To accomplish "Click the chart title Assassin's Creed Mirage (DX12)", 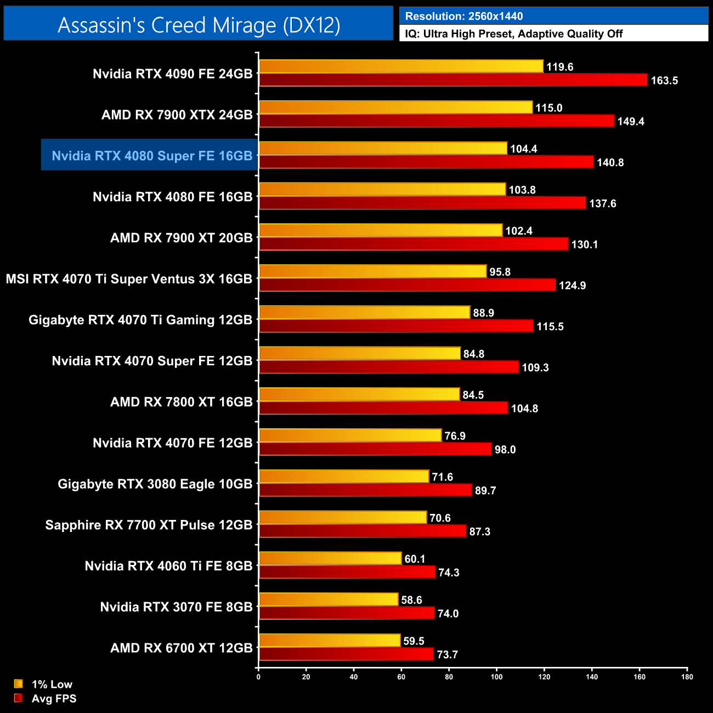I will [x=199, y=25].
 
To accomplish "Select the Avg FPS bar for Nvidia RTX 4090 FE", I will [x=453, y=80].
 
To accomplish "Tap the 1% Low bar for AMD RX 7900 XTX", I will [x=395, y=107].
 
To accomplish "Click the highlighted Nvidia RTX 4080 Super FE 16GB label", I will [x=152, y=156].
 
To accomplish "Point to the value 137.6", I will [x=603, y=203].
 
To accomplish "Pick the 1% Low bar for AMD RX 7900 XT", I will [x=381, y=230].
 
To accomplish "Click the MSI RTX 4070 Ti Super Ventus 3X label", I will [x=129, y=279].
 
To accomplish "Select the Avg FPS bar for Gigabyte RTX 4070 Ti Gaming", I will [x=396, y=326].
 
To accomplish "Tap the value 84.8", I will [x=474, y=354].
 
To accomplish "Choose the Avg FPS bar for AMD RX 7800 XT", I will [x=383, y=408].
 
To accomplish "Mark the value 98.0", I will [x=505, y=450].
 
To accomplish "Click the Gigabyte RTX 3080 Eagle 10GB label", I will [x=155, y=484].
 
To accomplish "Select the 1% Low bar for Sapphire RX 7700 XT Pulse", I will [x=343, y=517].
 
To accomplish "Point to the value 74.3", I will [x=449, y=573].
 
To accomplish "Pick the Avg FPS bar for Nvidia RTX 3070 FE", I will [x=347, y=613].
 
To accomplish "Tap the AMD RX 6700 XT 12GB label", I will [x=181, y=648].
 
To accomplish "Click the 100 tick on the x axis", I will [x=496, y=677].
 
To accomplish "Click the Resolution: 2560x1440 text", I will [x=464, y=16].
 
